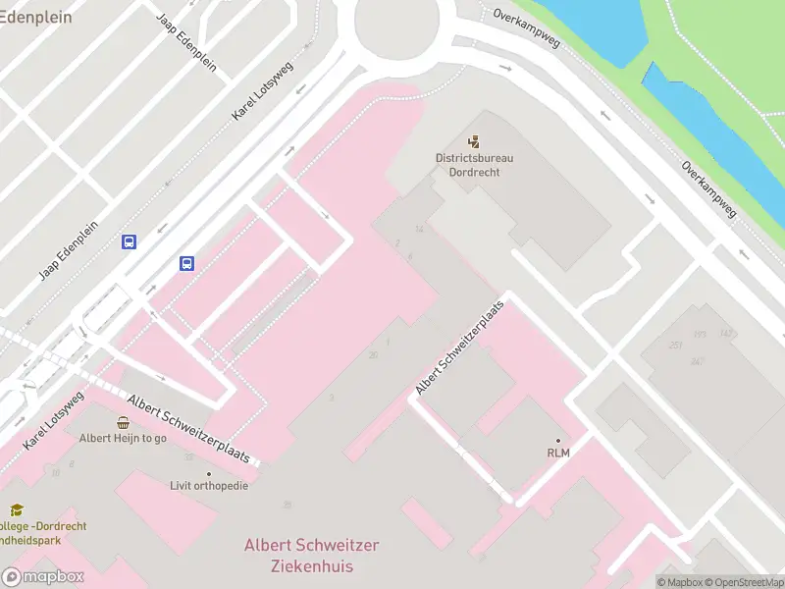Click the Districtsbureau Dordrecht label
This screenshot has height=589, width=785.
475,164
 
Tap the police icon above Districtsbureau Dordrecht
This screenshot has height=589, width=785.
475,142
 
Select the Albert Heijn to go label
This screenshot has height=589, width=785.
123,439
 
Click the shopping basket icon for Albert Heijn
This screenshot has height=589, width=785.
123,423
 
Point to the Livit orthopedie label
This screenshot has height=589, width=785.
209,486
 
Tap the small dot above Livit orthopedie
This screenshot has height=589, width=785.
209,473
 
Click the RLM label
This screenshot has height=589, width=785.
558,453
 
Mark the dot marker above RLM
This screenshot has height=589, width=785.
558,440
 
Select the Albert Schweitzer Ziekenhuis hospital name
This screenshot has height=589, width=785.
311,556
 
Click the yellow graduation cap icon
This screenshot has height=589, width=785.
17,510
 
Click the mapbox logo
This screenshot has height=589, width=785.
42,577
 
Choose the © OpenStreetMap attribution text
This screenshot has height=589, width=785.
741,582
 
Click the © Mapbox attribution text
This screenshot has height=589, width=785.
676,582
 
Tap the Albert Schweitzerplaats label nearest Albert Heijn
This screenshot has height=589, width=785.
193,430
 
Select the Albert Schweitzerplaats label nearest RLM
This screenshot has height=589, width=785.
459,348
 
